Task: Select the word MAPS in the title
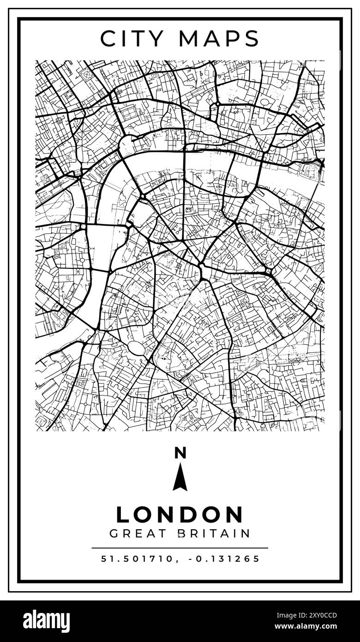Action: point(219,39)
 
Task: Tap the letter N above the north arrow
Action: point(180,453)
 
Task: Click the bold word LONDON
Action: point(180,515)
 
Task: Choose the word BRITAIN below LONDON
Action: point(214,534)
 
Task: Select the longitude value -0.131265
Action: point(224,559)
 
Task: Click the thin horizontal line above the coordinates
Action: point(180,548)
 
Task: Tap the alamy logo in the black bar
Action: point(46,621)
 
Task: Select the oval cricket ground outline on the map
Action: point(137,348)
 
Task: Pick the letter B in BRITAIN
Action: point(181,534)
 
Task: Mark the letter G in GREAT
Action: point(114,534)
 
